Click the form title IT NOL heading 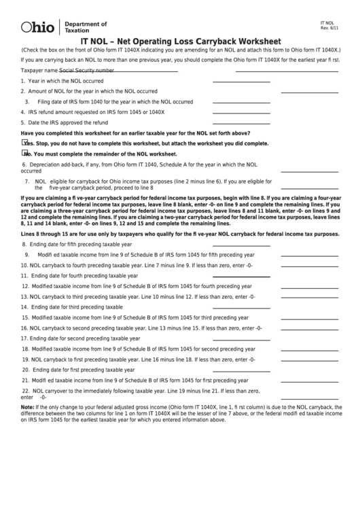(x=180, y=40)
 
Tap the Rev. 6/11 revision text (x=328, y=27)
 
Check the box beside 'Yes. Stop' (x=25, y=143)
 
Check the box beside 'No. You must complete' (x=25, y=154)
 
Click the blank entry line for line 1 (x=241, y=81)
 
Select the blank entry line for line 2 (x=309, y=91)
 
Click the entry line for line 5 (x=241, y=123)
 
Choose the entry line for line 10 (x=309, y=265)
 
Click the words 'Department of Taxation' (x=76, y=27)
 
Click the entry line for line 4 (x=241, y=112)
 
